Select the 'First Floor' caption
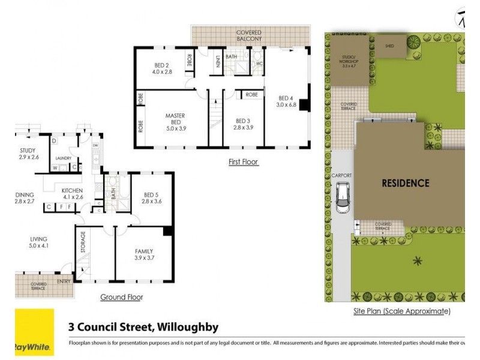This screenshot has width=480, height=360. tap(243, 162)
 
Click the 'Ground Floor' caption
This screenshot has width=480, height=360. tap(121, 297)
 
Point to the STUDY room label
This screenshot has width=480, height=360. tap(27, 154)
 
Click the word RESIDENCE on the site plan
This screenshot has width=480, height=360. tap(406, 183)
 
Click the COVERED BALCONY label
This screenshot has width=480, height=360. tap(249, 35)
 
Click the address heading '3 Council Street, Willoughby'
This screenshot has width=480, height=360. tap(143, 328)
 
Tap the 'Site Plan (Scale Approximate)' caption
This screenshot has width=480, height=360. tap(401, 311)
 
